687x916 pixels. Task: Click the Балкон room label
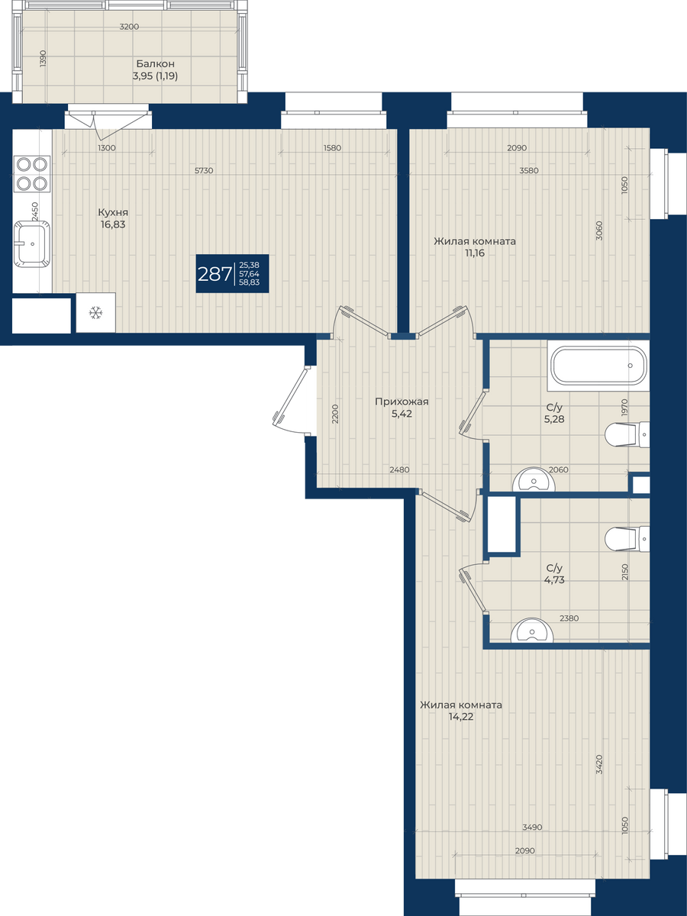(x=155, y=64)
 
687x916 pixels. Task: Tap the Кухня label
(x=113, y=212)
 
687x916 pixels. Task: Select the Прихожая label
(x=402, y=402)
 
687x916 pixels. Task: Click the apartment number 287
(x=214, y=274)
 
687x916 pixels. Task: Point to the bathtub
(x=598, y=365)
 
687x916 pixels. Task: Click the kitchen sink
(x=33, y=244)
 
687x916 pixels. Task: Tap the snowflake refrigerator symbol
(x=96, y=312)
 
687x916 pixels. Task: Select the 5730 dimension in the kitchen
(x=204, y=170)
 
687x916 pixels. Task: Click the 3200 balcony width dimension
(x=129, y=27)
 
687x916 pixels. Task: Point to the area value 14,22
(x=462, y=717)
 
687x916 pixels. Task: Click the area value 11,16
(x=474, y=253)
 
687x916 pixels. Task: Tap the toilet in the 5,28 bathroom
(x=627, y=434)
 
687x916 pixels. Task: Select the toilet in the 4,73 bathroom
(x=627, y=539)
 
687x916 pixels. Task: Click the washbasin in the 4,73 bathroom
(x=532, y=631)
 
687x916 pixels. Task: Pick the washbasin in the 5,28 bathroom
(x=534, y=479)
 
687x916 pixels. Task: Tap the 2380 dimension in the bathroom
(x=569, y=618)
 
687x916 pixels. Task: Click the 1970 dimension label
(x=624, y=408)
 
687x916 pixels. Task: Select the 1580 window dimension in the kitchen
(x=332, y=148)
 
